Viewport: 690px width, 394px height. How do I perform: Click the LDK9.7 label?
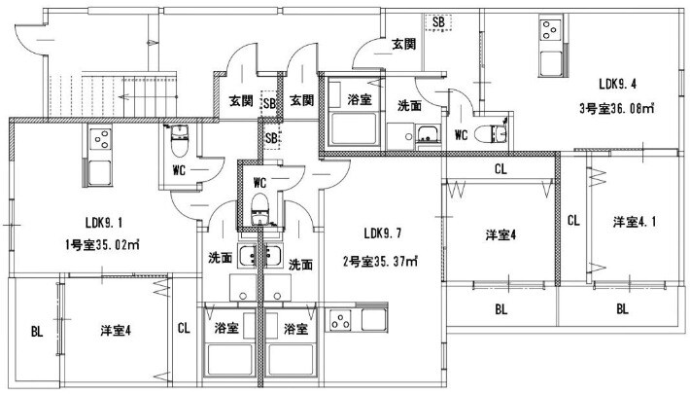(x=384, y=234)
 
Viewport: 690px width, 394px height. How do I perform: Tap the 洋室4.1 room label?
(x=634, y=222)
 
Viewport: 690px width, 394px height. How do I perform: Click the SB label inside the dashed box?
(x=438, y=21)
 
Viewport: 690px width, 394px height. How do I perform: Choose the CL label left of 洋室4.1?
(x=572, y=220)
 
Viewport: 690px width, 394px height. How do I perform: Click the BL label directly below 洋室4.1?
(x=622, y=309)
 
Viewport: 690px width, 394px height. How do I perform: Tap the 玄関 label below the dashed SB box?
(x=404, y=44)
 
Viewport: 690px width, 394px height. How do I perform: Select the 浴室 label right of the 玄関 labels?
(x=357, y=100)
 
